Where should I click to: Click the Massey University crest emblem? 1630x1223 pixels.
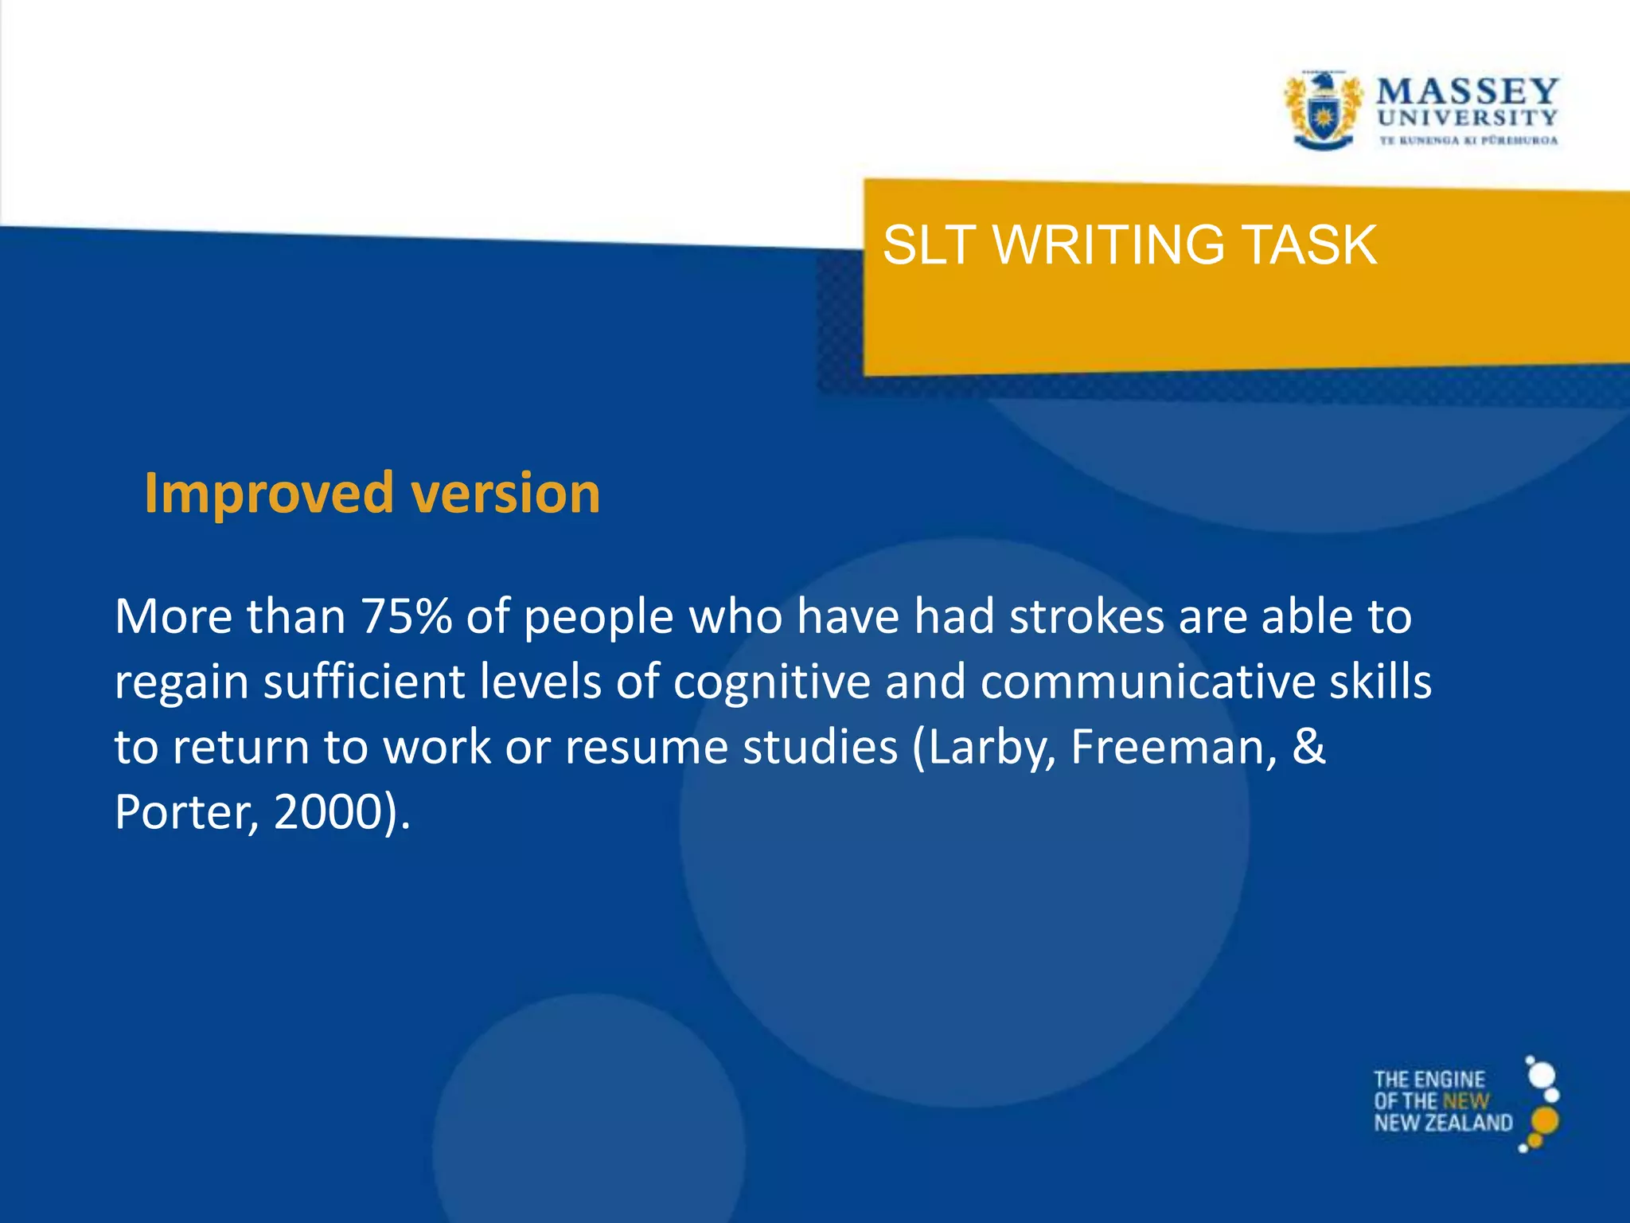[1322, 111]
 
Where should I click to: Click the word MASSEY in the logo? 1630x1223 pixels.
[1467, 91]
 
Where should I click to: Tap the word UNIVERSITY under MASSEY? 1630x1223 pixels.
[1467, 118]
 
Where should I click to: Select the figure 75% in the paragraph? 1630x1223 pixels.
[406, 616]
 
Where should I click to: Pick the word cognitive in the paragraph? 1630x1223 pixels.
[771, 682]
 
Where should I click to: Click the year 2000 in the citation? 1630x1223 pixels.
[326, 813]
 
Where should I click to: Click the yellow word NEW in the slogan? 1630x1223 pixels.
[1465, 1101]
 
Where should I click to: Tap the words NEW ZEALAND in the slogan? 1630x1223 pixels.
[1442, 1123]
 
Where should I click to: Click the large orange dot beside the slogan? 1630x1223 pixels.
[1545, 1120]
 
